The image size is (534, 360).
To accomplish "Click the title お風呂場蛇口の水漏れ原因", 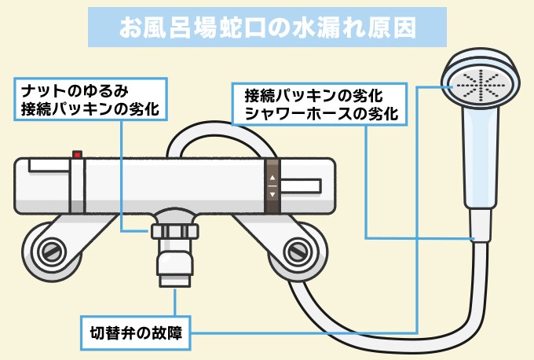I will point(267,28).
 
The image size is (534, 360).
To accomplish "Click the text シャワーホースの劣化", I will point(321,113).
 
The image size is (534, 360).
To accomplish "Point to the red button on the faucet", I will point(77,154).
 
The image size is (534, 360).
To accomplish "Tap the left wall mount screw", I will point(49,252).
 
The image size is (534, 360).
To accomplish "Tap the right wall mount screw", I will point(298,252).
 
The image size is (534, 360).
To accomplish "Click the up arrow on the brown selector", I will point(272,177).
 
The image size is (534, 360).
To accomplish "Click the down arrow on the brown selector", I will point(272,193).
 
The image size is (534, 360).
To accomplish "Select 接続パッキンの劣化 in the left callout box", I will point(90,110).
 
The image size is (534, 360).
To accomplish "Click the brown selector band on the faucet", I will point(272,186).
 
